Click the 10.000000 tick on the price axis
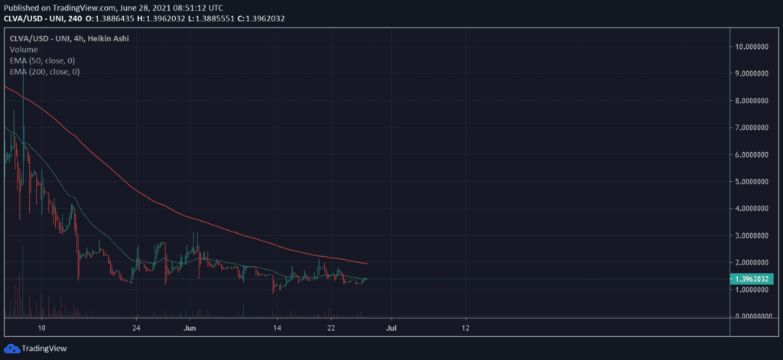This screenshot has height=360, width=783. click(752, 47)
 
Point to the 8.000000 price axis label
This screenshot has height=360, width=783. click(752, 101)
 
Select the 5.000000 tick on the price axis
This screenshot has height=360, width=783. click(752, 182)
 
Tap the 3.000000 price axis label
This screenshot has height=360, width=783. click(752, 235)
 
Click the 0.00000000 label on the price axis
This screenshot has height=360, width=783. click(752, 316)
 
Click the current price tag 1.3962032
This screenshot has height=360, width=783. click(752, 279)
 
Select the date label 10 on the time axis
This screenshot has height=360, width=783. click(42, 328)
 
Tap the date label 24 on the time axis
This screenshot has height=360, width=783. click(136, 328)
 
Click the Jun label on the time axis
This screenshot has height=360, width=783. click(191, 328)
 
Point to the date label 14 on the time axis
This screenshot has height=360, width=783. click(277, 328)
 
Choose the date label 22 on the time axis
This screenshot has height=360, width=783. click(331, 328)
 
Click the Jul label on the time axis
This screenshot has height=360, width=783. click(391, 328)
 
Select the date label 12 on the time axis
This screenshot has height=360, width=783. click(466, 328)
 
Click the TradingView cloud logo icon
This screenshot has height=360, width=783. click(12, 349)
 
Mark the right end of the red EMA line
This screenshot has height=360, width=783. click(367, 264)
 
